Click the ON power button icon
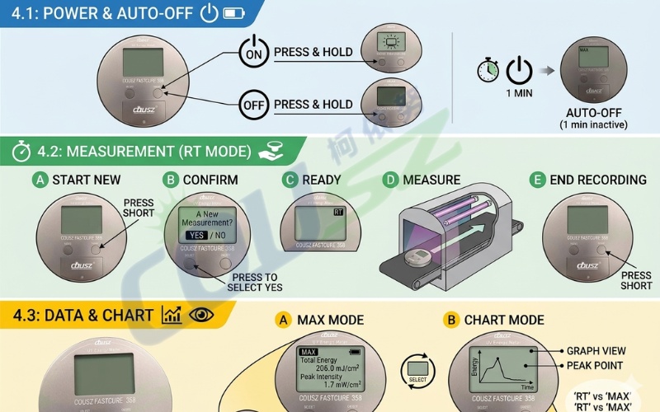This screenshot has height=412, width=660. pos(252,52)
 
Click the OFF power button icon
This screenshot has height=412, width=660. pos(252,105)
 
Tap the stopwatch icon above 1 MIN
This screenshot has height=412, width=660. pos(488,70)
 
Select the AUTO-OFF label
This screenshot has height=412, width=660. pos(593,113)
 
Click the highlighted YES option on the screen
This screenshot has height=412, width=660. pos(196,235)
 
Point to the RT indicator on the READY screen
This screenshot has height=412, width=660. pos(337,212)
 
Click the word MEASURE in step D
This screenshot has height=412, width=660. pos(431,180)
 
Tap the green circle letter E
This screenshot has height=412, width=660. pos(538,180)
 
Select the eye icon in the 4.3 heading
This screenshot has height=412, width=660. pos(200,315)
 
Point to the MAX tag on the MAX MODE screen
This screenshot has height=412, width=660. pos(309,352)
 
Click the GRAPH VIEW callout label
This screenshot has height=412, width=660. pos(596,350)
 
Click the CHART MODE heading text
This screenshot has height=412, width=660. pos(504,320)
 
